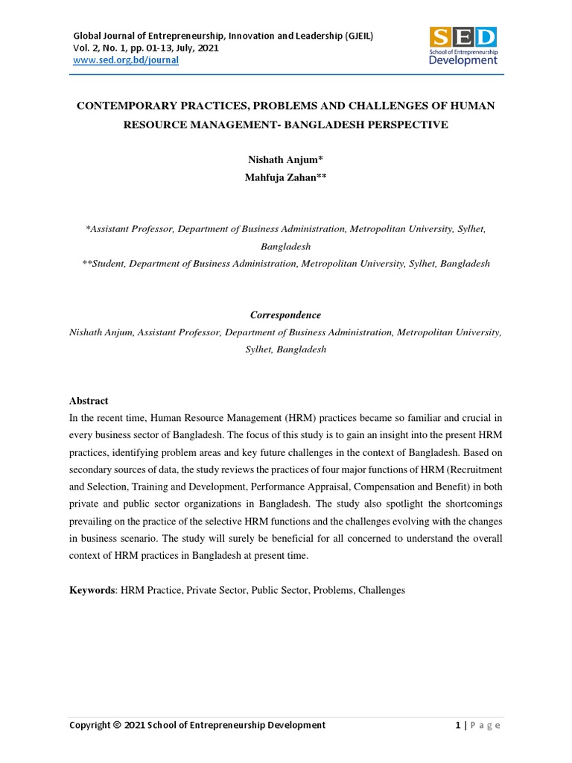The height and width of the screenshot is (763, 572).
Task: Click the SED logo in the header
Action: pyautogui.click(x=463, y=45)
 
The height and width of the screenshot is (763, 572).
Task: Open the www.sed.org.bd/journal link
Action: pyautogui.click(x=125, y=60)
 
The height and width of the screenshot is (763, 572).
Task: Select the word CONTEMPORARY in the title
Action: pyautogui.click(x=131, y=106)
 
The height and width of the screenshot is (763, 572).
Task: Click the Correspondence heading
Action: pyautogui.click(x=285, y=315)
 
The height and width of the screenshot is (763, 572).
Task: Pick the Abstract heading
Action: pyautogui.click(x=89, y=400)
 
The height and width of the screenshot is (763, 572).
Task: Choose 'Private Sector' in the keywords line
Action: pyautogui.click(x=214, y=590)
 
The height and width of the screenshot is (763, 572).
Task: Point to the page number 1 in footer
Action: pyautogui.click(x=457, y=725)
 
